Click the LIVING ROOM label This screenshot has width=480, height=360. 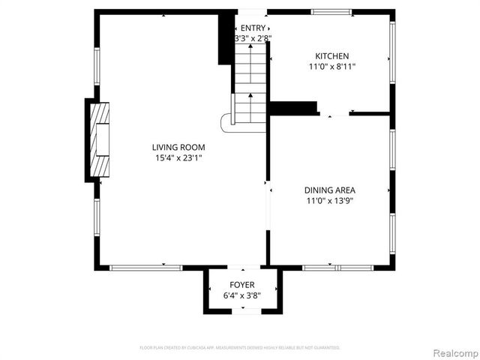coord(178,148)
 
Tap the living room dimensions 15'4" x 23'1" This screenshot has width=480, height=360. coord(178,158)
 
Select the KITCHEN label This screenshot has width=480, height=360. coord(331,56)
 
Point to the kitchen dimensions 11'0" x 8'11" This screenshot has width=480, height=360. coord(331,67)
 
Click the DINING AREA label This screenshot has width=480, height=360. coord(329,190)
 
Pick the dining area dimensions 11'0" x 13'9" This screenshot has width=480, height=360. coord(329,201)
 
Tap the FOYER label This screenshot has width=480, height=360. coord(241,285)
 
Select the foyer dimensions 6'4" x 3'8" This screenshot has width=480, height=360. coord(241,296)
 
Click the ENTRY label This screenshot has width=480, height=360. coord(253,28)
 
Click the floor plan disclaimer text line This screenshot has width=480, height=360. coord(240,348)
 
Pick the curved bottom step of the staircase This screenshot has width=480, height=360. coord(225,122)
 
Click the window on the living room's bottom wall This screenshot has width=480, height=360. coord(145,267)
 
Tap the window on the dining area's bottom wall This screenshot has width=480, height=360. coord(337,267)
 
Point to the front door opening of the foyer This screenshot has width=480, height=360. coord(241,311)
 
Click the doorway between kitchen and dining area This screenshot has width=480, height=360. coord(334,114)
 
